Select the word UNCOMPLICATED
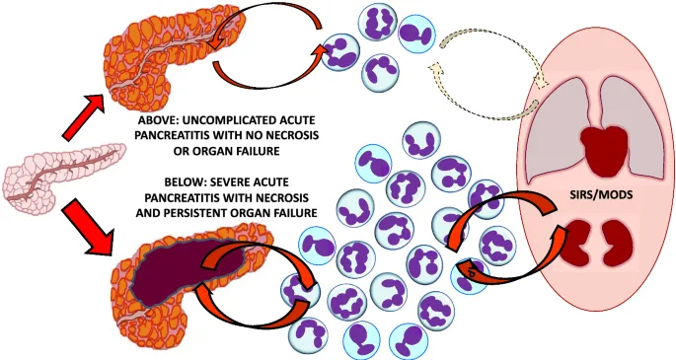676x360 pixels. click(x=235, y=121)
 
